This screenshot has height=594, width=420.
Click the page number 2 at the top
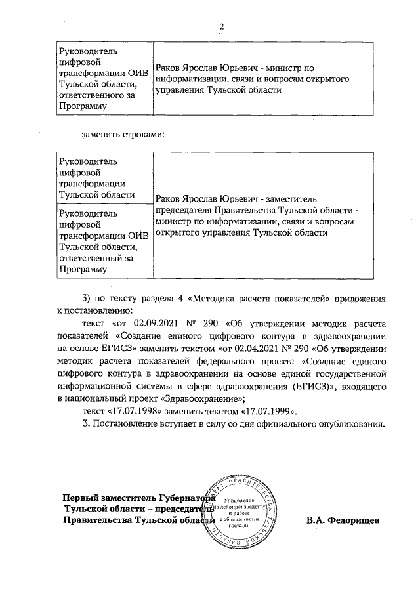pos(221,26)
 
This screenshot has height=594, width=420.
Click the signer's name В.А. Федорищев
pos(343,521)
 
